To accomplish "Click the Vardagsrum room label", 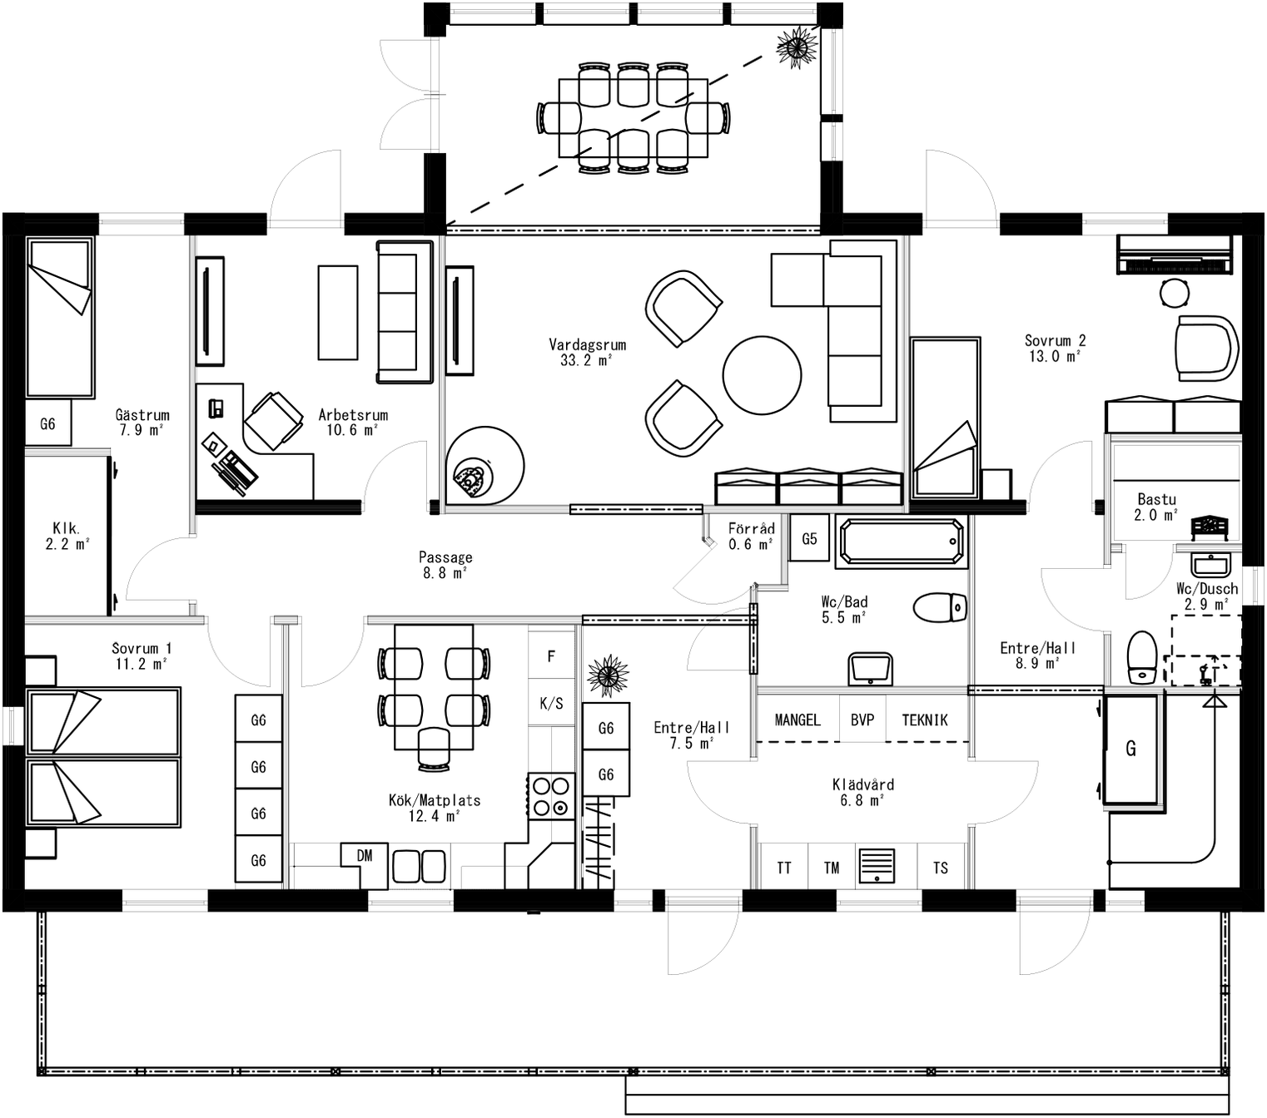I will coord(587,352).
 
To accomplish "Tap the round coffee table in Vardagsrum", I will coord(761,374).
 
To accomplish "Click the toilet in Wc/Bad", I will coord(940,607).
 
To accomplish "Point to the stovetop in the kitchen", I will coord(551,796).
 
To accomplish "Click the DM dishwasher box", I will coord(365,857).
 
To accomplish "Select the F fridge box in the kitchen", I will coord(551,656).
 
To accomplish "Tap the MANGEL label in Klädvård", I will coord(797,720).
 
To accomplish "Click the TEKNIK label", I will coord(924,720).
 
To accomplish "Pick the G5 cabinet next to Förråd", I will coord(809,539).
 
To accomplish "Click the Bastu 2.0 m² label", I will coord(1156,507).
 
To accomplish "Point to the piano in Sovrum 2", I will coord(1173,253).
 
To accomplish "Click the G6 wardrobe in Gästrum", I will coord(47,424).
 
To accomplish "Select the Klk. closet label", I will coord(67,536).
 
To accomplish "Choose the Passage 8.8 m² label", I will coord(445,565).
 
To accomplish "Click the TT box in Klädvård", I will coord(783,868).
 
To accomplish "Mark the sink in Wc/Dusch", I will coord(1210,566).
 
